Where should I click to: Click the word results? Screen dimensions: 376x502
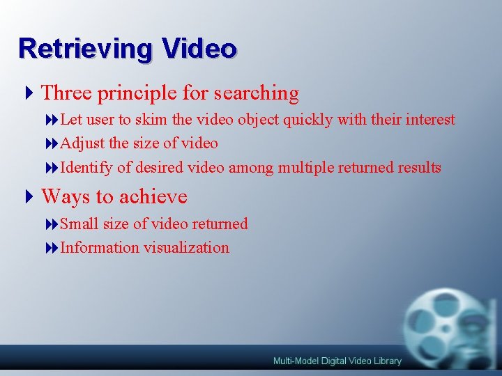(x=419, y=168)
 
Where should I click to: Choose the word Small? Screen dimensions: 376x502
(x=79, y=224)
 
